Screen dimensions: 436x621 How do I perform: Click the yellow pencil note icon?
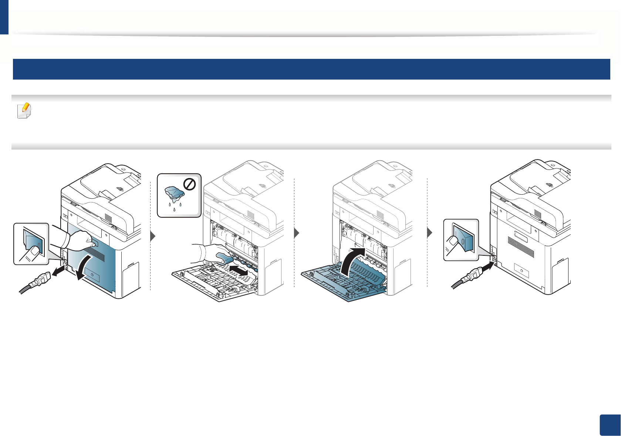coord(25,110)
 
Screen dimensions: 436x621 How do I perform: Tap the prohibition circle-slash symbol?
coord(190,184)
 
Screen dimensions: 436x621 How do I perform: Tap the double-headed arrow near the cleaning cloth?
coord(238,270)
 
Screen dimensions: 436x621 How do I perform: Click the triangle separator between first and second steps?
coord(153,236)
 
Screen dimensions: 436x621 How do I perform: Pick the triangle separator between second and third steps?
coord(296,233)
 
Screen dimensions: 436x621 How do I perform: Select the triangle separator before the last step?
coord(429,233)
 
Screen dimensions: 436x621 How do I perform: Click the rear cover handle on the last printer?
coord(521,237)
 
